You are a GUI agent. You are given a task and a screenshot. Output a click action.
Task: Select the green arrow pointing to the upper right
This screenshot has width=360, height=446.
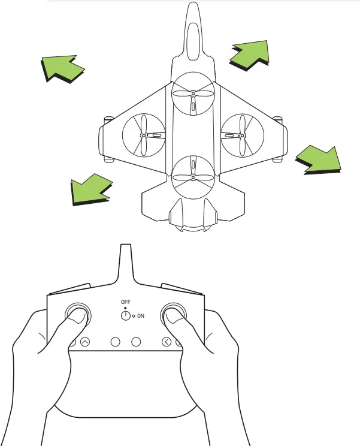point(249,55)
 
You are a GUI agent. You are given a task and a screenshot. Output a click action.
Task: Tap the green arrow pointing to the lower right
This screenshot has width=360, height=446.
point(319,159)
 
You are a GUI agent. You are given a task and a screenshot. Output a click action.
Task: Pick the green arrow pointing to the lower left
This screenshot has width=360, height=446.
point(89,191)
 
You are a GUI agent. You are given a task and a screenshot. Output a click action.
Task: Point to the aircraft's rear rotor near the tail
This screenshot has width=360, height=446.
point(193,177)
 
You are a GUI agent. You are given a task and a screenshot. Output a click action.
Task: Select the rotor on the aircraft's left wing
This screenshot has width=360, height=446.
point(144,135)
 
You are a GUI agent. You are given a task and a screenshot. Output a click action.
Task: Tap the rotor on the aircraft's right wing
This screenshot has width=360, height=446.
point(242,135)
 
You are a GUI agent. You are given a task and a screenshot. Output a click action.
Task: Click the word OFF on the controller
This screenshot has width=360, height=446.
point(125,302)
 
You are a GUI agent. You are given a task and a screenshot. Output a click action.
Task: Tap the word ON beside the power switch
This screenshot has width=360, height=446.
point(141,315)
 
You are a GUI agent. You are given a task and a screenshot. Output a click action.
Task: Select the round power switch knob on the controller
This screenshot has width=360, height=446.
point(126,315)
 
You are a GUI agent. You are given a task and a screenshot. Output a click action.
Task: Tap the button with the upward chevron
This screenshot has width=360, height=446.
point(84,342)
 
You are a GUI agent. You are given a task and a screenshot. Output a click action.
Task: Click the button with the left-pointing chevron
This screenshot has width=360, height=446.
point(167,342)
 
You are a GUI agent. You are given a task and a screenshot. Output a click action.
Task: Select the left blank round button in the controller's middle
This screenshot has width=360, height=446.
point(116,342)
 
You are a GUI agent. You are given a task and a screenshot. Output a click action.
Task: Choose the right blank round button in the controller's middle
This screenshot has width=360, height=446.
point(135,342)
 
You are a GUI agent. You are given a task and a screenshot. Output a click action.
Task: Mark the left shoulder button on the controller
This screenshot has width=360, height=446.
point(67,290)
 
